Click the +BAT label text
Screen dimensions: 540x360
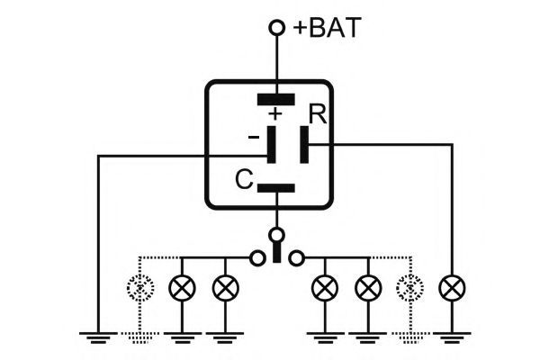point(328,27)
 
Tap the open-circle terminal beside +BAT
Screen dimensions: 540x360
point(276,28)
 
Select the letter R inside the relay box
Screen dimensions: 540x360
point(317,114)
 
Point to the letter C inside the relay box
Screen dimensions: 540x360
point(244,179)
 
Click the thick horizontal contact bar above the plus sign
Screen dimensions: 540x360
point(276,99)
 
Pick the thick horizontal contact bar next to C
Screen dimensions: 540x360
point(276,188)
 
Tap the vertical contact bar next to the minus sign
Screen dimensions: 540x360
point(272,145)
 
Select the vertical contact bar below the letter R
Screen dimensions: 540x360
point(304,145)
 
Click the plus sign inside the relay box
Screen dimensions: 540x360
point(275,113)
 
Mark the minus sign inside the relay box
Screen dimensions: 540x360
point(254,137)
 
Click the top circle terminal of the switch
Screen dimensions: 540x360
point(276,236)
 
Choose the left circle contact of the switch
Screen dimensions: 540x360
point(257,257)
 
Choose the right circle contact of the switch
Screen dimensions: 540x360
point(296,257)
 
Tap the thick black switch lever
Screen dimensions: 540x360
point(276,251)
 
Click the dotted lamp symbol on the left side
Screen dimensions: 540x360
point(140,288)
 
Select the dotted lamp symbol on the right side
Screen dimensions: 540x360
point(409,288)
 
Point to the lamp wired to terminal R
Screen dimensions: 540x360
point(452,288)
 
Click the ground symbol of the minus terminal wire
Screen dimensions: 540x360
point(98,337)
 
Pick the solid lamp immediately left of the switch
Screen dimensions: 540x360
point(226,288)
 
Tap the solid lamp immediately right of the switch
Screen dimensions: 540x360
point(325,288)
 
